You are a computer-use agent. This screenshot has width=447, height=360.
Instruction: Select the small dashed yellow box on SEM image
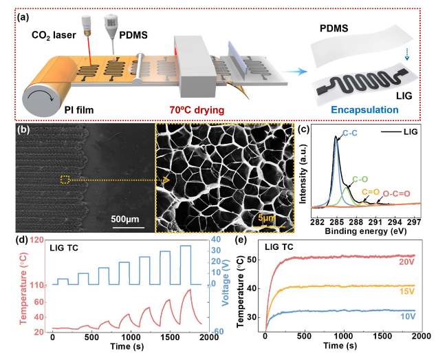tap(65, 180)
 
